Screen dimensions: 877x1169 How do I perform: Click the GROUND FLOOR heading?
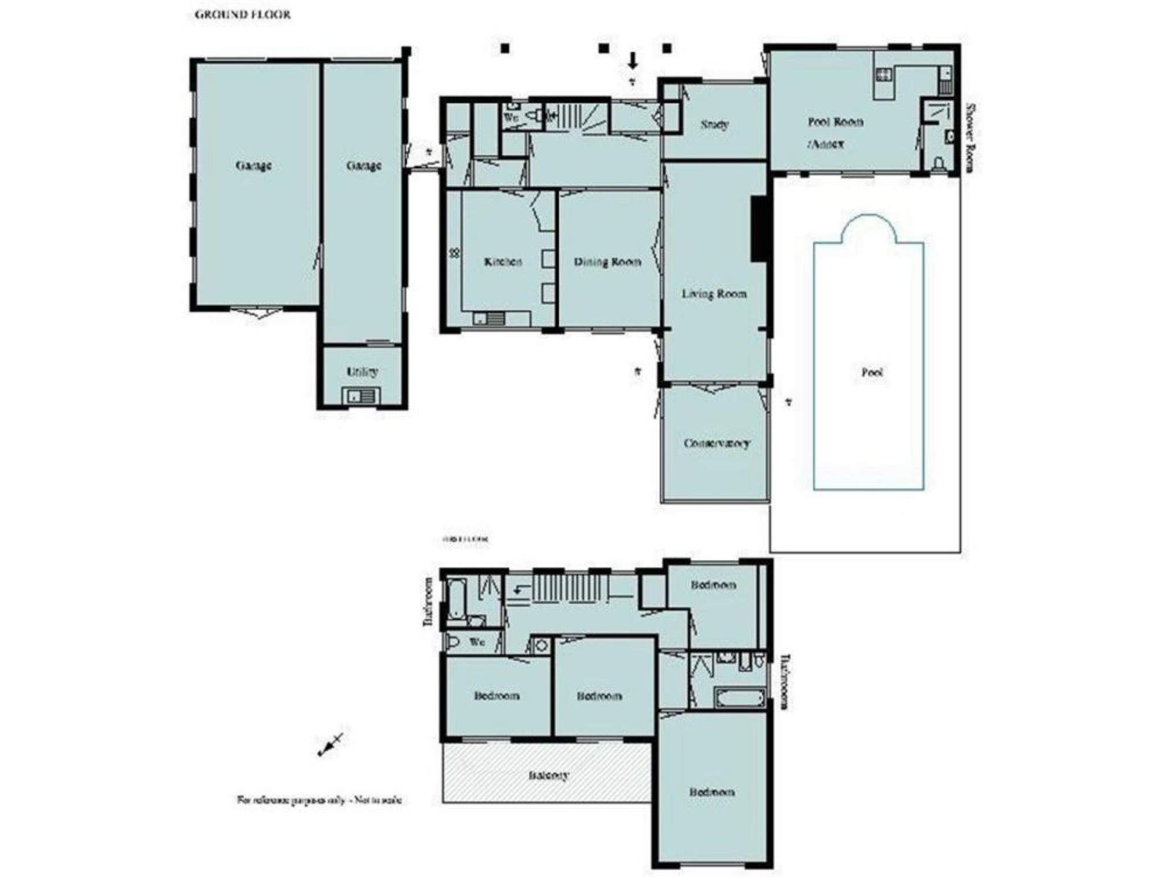tap(242, 15)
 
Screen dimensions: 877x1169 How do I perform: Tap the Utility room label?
tap(362, 372)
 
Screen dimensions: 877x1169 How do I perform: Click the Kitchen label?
tap(503, 262)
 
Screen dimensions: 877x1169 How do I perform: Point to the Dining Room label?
tap(607, 262)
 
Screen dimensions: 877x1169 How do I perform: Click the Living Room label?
tap(714, 294)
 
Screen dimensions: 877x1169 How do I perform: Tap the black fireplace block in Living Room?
tap(759, 229)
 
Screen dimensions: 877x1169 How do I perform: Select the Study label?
tap(715, 124)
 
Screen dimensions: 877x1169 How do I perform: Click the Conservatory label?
tap(716, 443)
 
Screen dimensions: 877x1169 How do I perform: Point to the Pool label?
tap(872, 372)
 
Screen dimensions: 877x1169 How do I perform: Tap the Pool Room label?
tap(835, 122)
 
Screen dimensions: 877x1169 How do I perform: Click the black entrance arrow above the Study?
tap(633, 61)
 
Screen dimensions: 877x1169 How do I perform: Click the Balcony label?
tap(548, 775)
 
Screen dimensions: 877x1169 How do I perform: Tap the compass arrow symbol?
tap(330, 745)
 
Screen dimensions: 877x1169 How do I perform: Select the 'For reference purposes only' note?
tap(319, 800)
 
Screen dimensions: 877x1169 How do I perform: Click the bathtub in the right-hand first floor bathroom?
tap(740, 698)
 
